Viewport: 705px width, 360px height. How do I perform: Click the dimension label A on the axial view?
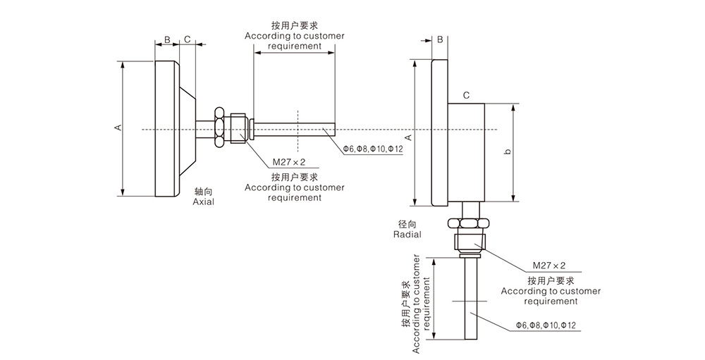tap(118, 128)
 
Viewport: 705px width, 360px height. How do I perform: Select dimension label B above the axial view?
tap(167, 39)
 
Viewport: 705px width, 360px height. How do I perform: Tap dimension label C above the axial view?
tap(188, 39)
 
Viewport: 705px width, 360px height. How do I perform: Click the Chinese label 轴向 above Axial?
tap(203, 191)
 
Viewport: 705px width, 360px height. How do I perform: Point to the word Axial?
tap(203, 201)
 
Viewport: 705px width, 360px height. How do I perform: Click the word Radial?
tap(407, 234)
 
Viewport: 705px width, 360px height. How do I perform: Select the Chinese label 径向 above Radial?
tap(407, 223)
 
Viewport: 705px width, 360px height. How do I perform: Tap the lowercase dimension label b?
tap(508, 152)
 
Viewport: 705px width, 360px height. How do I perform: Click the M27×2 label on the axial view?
tap(269, 161)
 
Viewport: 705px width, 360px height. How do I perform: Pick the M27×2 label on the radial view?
tap(549, 266)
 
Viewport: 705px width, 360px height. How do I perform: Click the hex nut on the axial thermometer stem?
tap(220, 128)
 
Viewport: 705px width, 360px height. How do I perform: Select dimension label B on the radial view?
tap(439, 39)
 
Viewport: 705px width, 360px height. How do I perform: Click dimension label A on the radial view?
tap(407, 137)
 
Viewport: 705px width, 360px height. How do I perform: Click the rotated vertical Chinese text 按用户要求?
tap(405, 304)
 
